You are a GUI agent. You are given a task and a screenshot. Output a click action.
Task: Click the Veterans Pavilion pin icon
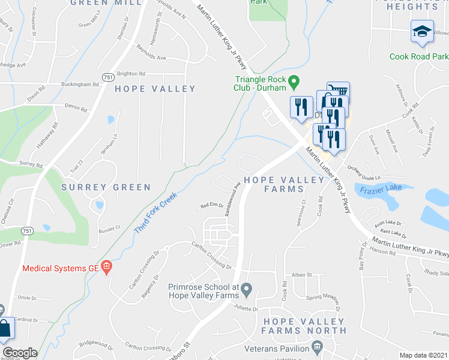[317, 347]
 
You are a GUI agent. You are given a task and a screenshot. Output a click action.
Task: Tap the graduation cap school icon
[422, 31]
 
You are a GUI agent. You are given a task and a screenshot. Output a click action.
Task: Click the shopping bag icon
[5, 329]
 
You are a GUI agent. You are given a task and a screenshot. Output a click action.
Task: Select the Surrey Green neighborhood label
[106, 187]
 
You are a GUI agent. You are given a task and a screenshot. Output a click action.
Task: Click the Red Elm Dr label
[211, 206]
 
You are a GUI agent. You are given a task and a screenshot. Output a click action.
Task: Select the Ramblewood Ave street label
[233, 199]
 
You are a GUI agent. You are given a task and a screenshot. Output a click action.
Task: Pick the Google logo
[20, 353]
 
